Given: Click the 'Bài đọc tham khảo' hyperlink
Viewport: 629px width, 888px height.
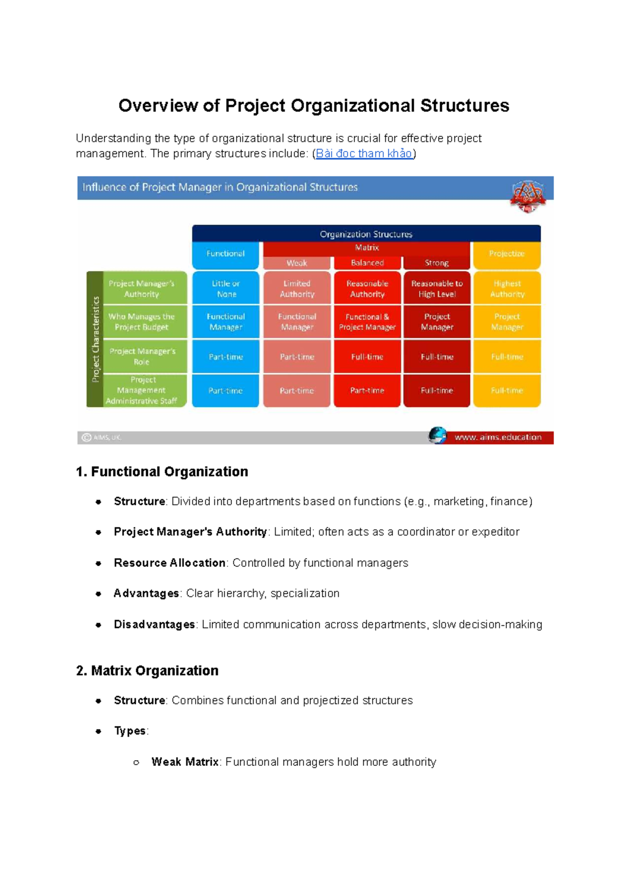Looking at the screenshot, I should point(364,154).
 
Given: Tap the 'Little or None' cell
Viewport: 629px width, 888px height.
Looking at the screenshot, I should point(226,288).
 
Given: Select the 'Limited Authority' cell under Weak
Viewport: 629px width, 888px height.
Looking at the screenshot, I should point(297,288).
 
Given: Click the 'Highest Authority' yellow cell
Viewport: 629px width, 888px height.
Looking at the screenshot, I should point(507,288).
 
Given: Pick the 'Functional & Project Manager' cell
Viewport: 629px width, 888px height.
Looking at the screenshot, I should point(367,322).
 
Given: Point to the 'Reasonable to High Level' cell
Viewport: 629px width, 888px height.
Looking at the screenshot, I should point(437,288).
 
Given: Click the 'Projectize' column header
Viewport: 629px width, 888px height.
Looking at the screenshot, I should point(507,254).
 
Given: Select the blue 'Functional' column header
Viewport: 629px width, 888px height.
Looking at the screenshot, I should point(225,254).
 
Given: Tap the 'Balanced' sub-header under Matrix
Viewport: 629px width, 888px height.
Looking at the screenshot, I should point(367,263).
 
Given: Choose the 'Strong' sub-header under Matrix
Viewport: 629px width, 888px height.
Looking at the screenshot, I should point(437,263).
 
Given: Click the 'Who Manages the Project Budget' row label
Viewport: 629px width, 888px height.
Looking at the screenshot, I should point(142,322).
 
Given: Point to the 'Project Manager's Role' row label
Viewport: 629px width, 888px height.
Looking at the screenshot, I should point(142,356).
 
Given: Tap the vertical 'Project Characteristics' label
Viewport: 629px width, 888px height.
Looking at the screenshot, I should point(95,339).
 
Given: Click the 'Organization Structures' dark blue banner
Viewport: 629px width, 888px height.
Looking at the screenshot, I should point(366,234).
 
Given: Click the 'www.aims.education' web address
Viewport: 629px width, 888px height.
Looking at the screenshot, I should point(497,437).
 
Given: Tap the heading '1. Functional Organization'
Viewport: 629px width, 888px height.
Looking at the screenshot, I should point(162,472).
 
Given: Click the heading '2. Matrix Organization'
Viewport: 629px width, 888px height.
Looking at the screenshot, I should point(147,670).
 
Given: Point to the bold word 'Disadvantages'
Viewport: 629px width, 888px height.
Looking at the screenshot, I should point(154,624).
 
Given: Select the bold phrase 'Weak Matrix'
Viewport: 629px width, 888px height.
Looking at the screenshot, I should point(185,762).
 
